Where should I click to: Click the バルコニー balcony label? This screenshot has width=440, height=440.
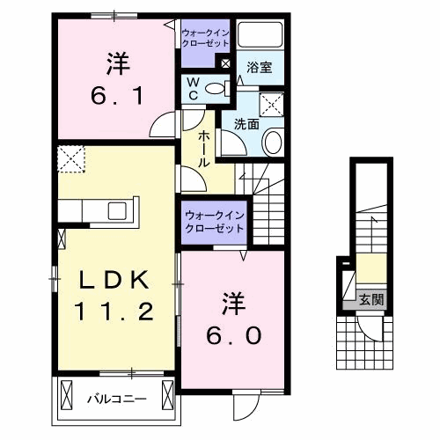115,399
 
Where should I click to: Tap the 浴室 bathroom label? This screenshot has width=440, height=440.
258,67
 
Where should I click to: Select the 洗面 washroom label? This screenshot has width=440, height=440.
246,124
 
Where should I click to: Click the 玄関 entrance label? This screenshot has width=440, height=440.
370,300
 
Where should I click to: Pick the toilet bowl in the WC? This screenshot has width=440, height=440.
220,87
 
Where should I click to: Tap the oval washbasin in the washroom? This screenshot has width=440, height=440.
274,142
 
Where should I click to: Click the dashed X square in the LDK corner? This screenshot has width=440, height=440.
70,160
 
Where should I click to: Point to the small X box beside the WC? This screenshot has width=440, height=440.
224,64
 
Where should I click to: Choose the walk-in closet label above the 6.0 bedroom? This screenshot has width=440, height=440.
214,221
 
